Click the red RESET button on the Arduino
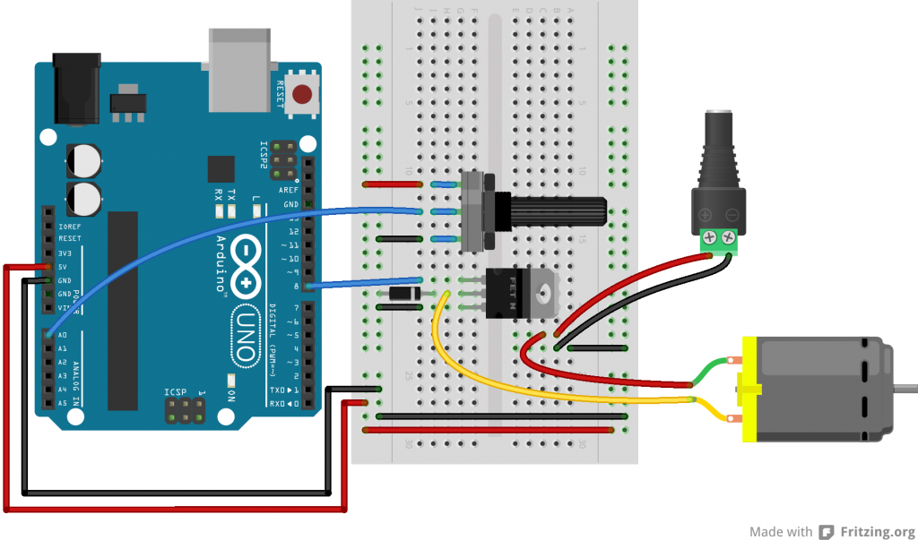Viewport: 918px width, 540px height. (x=305, y=93)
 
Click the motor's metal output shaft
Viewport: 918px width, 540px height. (x=905, y=389)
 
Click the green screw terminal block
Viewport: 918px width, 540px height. (x=719, y=237)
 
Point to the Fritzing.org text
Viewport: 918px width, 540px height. (x=878, y=530)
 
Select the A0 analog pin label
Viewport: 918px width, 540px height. (x=62, y=334)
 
